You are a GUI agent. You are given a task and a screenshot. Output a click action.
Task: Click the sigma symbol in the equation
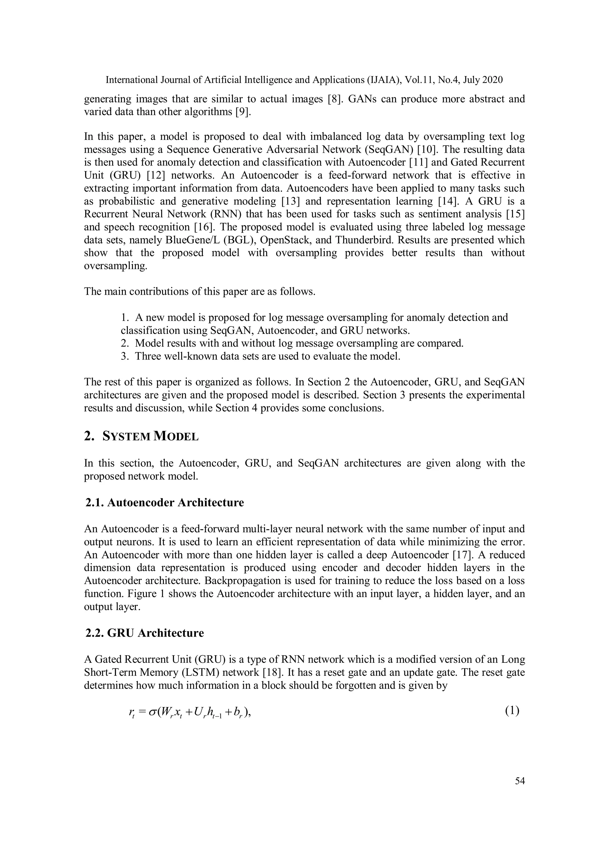153,712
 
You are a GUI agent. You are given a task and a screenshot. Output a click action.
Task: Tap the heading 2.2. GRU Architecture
145,633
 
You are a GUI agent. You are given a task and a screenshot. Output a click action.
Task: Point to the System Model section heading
141,436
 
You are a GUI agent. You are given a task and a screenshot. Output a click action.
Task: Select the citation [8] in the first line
333,99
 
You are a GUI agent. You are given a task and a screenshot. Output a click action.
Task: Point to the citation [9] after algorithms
243,112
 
